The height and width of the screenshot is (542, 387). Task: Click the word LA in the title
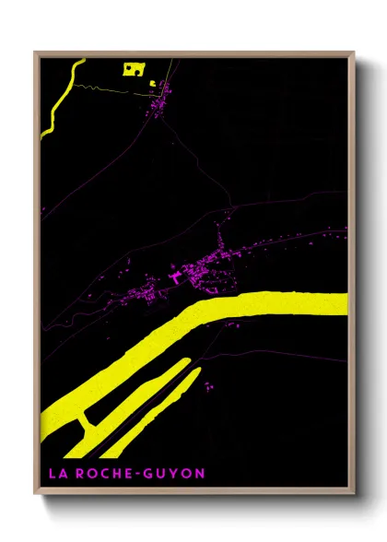click(x=52, y=474)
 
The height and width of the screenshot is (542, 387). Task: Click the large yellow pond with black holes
click(x=135, y=68)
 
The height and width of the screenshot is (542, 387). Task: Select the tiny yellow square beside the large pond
click(x=152, y=82)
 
